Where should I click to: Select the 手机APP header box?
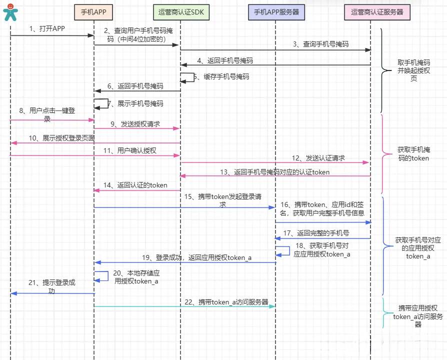pos(94,12)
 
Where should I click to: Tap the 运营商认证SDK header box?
pos(180,12)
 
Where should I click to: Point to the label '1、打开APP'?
pos(47,28)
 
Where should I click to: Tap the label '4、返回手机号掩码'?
pos(225,60)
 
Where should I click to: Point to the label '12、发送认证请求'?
pos(318,158)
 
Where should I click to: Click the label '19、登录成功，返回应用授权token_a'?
pos(196,257)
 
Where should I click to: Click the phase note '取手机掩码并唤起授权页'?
pos(413,70)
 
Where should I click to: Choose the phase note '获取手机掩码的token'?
pos(413,153)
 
